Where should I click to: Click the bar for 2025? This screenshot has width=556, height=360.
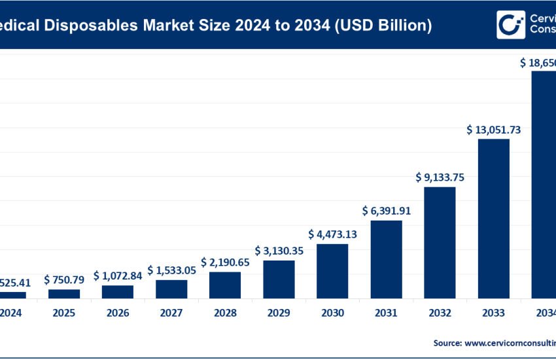pos(64,293)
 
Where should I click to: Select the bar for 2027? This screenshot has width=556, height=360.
pos(171,289)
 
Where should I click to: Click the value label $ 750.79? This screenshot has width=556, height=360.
pos(64,279)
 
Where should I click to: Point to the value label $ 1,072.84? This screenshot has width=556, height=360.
pos(118,275)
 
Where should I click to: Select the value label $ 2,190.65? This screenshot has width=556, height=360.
pos(225,262)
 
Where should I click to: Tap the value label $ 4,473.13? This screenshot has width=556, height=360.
pos(332,234)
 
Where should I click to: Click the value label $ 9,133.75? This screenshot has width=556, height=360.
pos(440,177)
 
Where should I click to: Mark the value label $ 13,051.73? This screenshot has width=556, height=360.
pos(493,129)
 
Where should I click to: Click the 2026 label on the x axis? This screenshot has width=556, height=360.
pos(118,314)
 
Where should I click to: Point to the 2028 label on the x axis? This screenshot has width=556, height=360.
pos(225,314)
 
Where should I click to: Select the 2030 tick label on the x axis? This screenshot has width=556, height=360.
pos(332,314)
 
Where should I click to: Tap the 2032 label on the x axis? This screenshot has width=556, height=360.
pos(440,314)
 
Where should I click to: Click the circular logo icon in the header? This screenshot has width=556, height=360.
pos(510,25)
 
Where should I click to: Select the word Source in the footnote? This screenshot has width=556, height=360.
pos(448,342)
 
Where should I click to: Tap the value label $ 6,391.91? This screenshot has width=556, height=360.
pos(386,211)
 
